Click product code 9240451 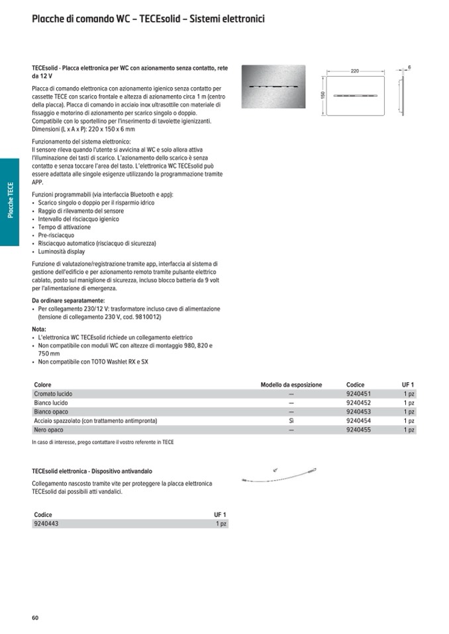358,393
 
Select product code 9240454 358,420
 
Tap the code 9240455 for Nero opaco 358,430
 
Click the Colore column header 43,385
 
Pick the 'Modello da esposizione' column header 291,385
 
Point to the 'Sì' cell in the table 291,420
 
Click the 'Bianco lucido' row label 51,403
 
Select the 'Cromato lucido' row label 53,393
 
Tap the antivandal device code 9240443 46,524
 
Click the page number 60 35,618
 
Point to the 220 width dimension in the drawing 354,71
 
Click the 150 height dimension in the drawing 323,95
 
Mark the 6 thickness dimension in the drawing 409,67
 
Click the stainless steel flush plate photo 273,87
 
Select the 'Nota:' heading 39,329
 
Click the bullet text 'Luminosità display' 62,252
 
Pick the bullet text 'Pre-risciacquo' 56,235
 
